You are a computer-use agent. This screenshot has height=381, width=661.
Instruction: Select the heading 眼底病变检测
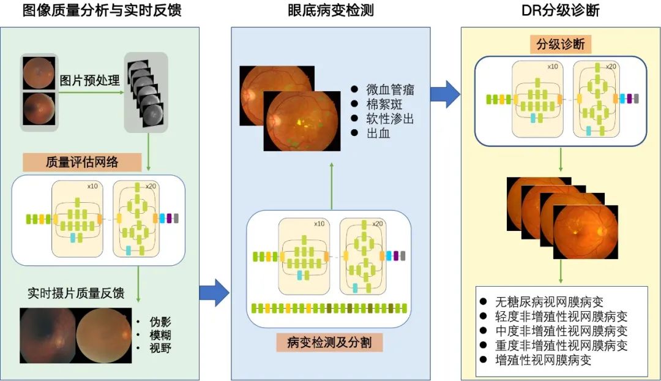pyautogui.click(x=330, y=10)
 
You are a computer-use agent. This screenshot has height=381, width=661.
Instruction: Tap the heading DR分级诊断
pyautogui.click(x=560, y=10)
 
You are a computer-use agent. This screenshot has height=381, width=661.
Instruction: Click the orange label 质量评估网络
pyautogui.click(x=82, y=162)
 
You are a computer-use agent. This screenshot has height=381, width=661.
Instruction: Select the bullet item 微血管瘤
pyautogui.click(x=390, y=89)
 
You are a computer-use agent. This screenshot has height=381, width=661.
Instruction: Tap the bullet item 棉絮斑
pyautogui.click(x=383, y=104)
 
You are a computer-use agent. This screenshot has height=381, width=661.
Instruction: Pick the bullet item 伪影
pyautogui.click(x=159, y=320)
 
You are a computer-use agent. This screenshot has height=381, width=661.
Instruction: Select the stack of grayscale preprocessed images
pyautogui.click(x=145, y=92)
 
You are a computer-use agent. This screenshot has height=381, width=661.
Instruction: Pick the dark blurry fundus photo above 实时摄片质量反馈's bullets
pyautogui.click(x=47, y=336)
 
